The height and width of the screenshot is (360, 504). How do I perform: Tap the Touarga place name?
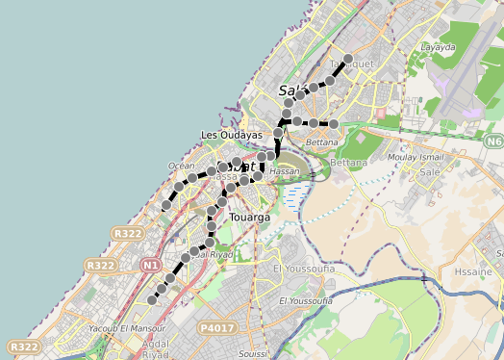coord(250,219)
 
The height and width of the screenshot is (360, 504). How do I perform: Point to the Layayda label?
coord(438,46)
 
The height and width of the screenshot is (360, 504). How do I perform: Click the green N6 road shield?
coord(493,142)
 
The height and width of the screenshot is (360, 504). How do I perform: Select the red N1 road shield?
coord(149,265)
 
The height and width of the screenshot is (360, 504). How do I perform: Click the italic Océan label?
coord(181,167)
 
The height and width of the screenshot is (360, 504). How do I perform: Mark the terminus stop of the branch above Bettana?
coord(333,124)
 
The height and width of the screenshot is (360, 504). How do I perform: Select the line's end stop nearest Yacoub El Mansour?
coord(151,300)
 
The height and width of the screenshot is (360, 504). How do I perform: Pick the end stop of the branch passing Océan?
coord(166,204)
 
